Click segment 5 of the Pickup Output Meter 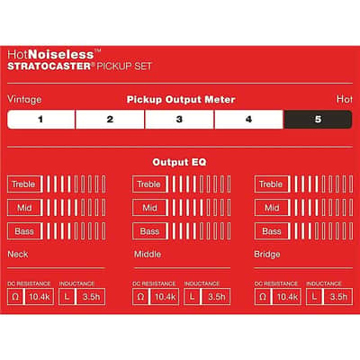[x=318, y=120]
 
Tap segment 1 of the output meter [x=40, y=120]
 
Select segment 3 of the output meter [x=179, y=120]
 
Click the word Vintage [x=24, y=99]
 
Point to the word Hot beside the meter [x=345, y=99]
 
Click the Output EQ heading [x=179, y=162]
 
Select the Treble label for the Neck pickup [x=23, y=184]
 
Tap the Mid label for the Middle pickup [x=149, y=208]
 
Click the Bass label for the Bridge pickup [x=272, y=231]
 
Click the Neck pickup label [x=18, y=255]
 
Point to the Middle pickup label [x=148, y=255]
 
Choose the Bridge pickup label [x=267, y=255]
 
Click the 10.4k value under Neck [x=40, y=297]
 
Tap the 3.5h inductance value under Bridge [x=338, y=297]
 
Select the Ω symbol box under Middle [x=140, y=297]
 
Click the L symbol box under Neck [x=67, y=297]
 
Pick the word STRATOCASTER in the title [x=49, y=67]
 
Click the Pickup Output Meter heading [x=181, y=100]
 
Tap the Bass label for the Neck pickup [x=24, y=231]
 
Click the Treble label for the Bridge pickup [x=271, y=184]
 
